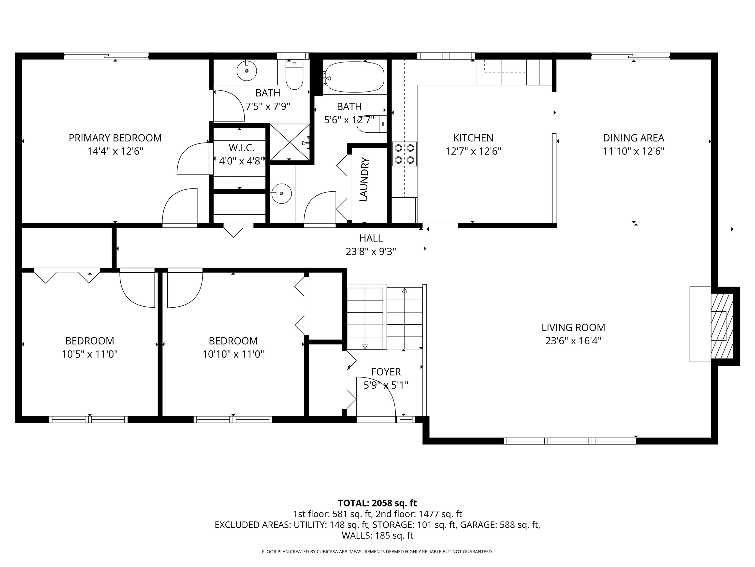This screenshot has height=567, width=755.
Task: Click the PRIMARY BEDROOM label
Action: [x=115, y=138]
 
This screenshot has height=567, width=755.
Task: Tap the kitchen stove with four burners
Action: [x=404, y=154]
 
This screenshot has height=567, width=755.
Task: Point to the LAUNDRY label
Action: [x=364, y=179]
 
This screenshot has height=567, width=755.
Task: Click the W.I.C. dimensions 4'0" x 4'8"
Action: [x=242, y=161]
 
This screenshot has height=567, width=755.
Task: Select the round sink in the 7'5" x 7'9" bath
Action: [x=247, y=71]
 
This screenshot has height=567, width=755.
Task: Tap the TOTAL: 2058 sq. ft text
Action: [x=377, y=503]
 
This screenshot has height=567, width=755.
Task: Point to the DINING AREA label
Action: [x=634, y=138]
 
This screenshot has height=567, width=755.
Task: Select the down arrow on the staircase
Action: [x=365, y=346]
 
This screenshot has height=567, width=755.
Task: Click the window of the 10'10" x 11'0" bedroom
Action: [x=233, y=419]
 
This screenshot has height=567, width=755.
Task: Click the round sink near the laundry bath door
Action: [x=282, y=193]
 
